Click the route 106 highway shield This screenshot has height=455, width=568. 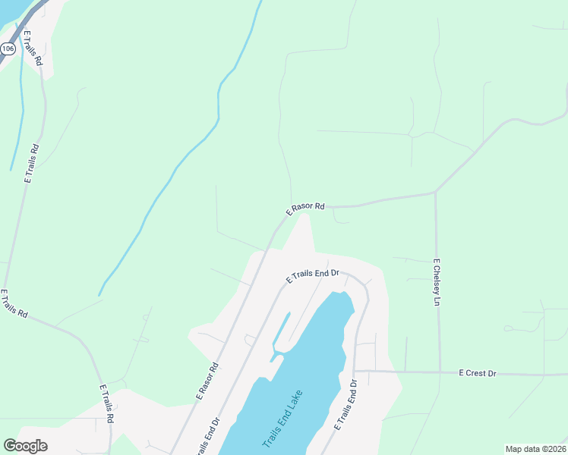[8, 49]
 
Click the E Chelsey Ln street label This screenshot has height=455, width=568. [437, 282]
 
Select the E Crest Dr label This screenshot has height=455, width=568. [477, 373]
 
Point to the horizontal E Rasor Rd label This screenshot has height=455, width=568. [305, 207]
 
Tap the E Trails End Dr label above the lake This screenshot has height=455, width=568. [311, 276]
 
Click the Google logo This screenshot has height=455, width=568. [25, 446]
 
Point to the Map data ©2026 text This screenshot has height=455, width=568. [535, 449]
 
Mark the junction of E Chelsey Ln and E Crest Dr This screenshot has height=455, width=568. [440, 372]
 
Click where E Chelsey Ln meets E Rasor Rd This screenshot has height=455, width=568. [435, 192]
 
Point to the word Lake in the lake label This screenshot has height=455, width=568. [295, 401]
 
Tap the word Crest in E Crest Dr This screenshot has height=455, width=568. [477, 373]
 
